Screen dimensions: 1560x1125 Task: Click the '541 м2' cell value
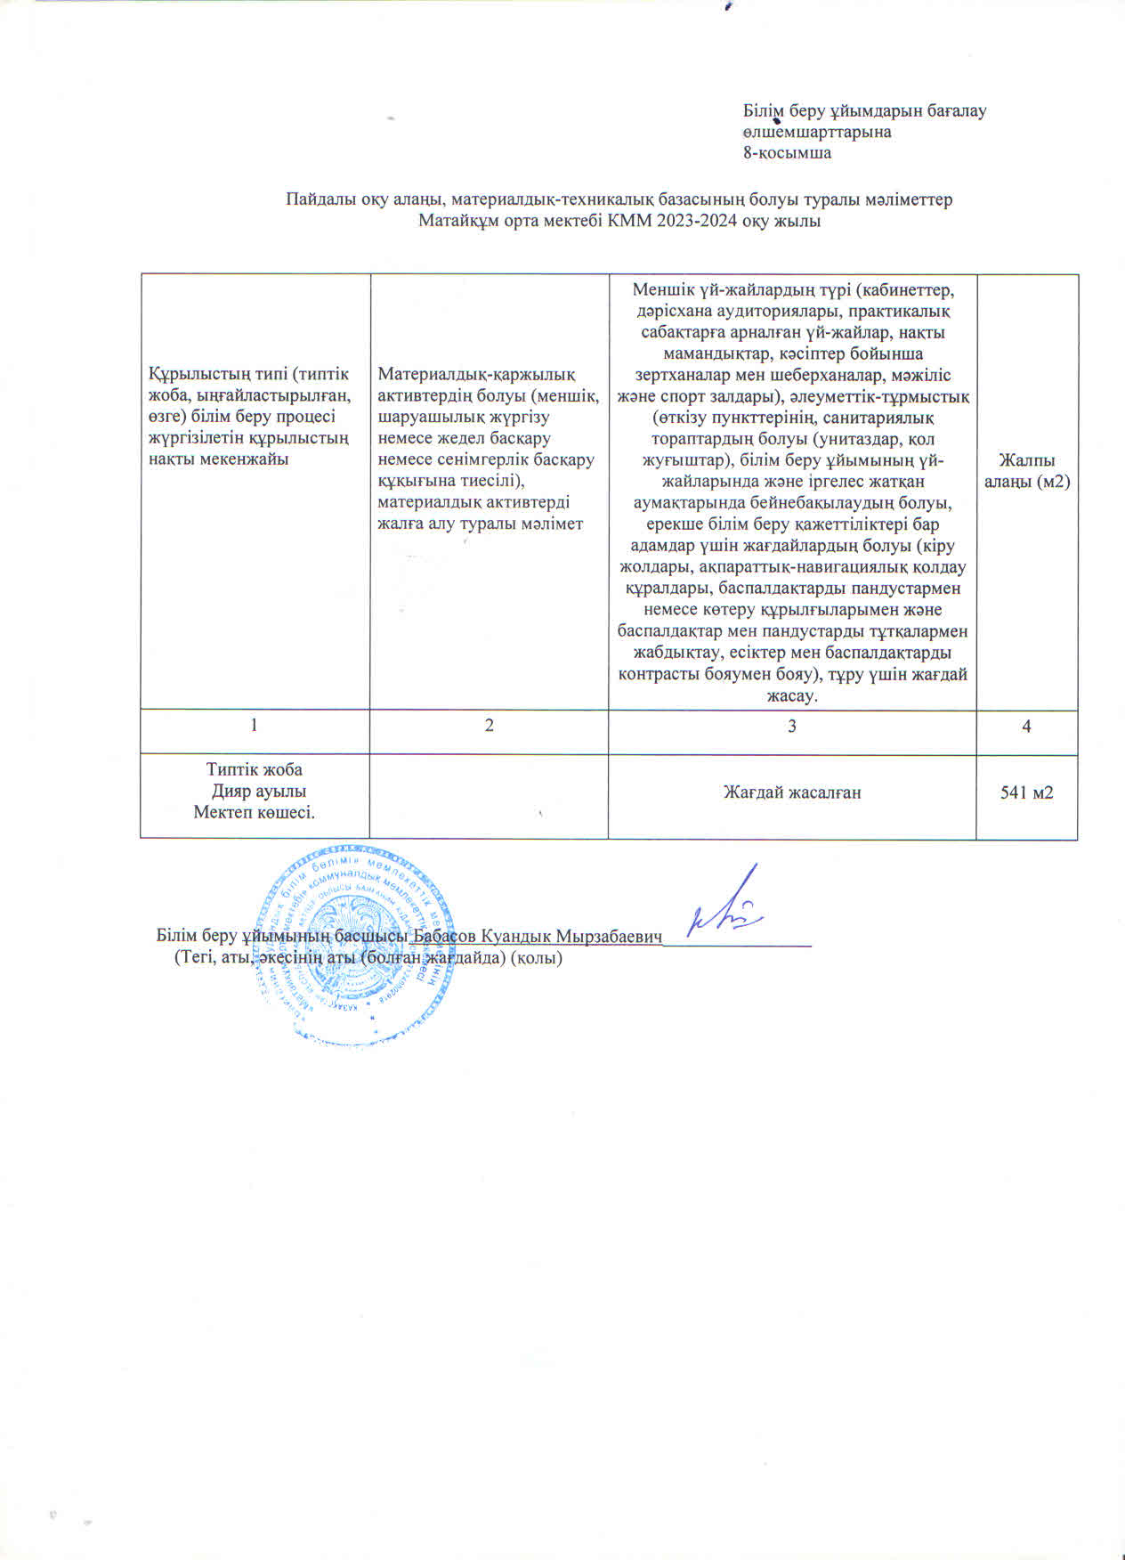click(1026, 792)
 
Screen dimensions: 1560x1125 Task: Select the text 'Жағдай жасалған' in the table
click(791, 792)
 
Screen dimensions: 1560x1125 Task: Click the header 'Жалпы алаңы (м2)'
click(1026, 470)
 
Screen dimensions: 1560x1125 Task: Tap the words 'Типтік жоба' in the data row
click(255, 769)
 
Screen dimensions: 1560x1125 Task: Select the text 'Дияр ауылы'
click(259, 791)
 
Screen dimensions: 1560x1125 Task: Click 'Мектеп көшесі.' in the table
click(255, 812)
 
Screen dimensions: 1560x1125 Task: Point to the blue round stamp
click(354, 944)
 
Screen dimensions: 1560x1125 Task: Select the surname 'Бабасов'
click(447, 937)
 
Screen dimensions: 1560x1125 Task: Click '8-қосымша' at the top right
click(788, 152)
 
